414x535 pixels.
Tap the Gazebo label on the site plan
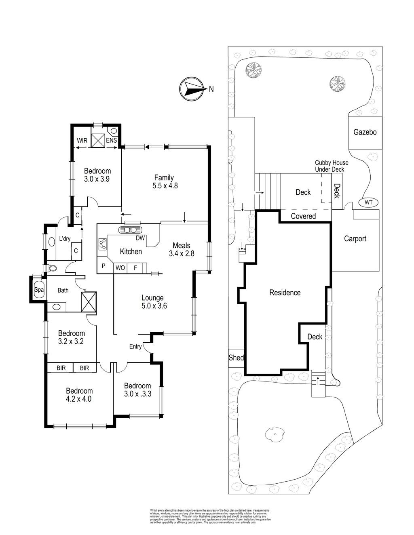click(365, 132)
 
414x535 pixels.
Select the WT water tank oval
click(368, 202)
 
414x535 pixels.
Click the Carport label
click(355, 238)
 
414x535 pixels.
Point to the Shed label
click(236, 358)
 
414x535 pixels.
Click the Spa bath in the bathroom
click(38, 290)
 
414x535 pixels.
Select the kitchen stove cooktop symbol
click(102, 244)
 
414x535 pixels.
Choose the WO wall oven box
click(120, 267)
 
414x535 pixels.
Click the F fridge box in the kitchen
click(135, 267)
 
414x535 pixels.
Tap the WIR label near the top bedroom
click(82, 141)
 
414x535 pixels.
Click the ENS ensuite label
click(111, 141)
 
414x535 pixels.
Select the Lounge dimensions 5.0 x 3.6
click(154, 306)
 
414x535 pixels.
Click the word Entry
click(135, 346)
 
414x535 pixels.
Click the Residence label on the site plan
click(285, 293)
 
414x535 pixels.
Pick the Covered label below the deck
click(303, 216)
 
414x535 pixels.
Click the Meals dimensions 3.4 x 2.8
click(182, 254)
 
